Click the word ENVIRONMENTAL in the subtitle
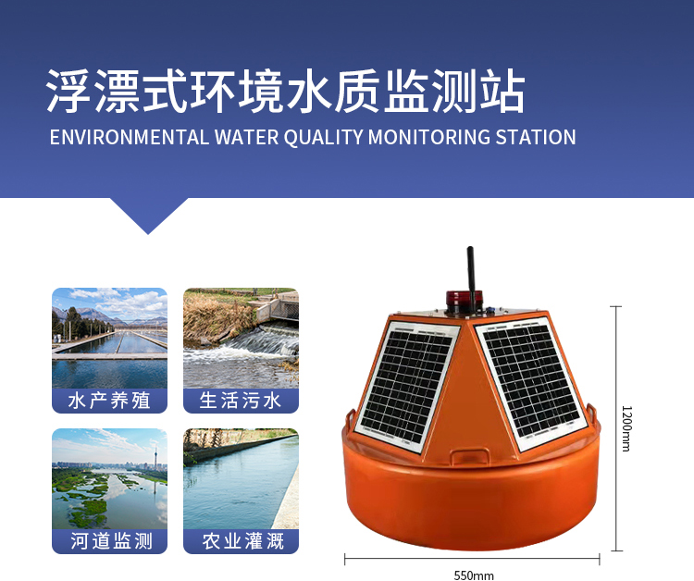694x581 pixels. tap(129, 137)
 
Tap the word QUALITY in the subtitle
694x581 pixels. tap(324, 137)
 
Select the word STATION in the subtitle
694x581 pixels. tap(536, 137)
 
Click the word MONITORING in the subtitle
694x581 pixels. tap(429, 137)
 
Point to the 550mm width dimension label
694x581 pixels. tap(474, 575)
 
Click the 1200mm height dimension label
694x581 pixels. tap(626, 428)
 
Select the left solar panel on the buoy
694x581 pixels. tap(408, 386)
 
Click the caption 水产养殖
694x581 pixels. tap(109, 401)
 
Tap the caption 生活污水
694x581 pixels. tap(241, 401)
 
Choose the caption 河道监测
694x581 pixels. tap(111, 540)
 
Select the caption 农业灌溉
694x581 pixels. tap(242, 540)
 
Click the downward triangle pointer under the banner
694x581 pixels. tap(149, 215)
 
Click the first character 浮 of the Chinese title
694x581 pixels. tap(69, 92)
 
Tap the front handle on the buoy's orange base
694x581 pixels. tap(469, 455)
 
